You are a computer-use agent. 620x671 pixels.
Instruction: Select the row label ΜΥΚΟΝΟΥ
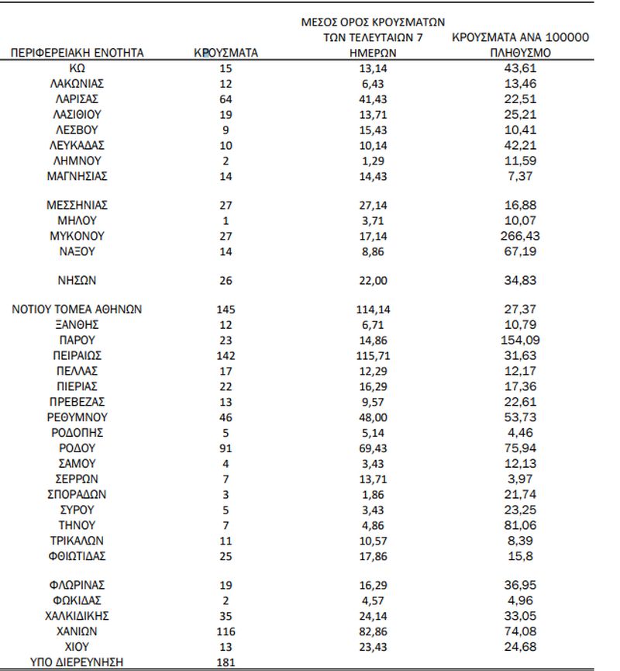tap(77, 235)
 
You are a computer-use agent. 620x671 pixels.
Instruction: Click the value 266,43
tap(521, 235)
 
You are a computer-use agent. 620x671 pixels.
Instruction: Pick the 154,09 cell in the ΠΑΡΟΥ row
tap(521, 341)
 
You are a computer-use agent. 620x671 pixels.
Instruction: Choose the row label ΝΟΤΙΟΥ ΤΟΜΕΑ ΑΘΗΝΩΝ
tap(77, 310)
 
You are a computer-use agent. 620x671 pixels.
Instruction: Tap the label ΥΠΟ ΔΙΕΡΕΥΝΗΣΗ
tap(77, 662)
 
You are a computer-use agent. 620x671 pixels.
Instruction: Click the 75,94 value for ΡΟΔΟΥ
tap(521, 448)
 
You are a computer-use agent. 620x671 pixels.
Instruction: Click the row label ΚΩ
tap(77, 69)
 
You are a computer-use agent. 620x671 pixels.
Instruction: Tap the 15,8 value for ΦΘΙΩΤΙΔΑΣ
tap(521, 555)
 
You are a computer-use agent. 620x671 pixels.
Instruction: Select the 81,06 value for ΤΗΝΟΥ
tap(521, 524)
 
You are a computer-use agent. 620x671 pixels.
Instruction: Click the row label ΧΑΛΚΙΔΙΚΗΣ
tap(77, 616)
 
